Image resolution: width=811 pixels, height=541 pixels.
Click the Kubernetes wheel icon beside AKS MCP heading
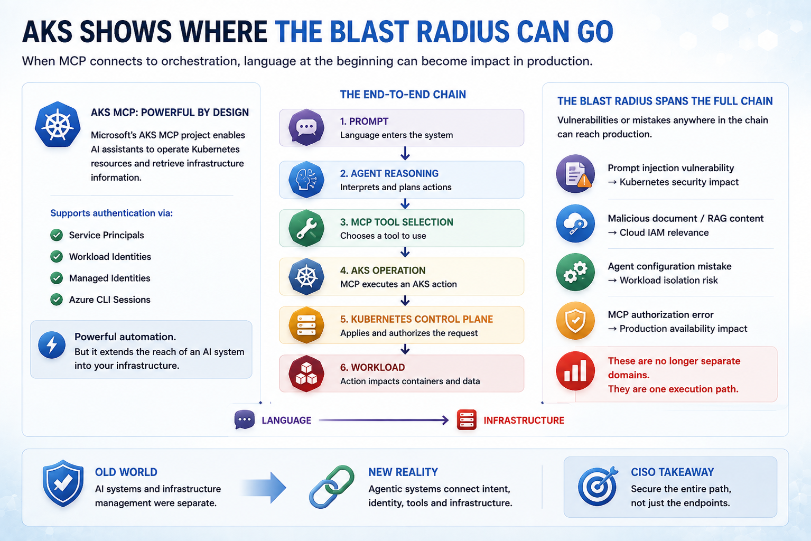point(58,125)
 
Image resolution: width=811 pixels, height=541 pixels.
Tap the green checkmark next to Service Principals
point(57,235)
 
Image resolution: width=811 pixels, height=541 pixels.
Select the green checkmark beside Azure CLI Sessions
point(57,300)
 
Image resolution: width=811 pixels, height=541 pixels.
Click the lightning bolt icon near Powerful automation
point(52,345)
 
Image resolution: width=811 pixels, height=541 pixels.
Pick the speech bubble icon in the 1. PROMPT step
point(306,127)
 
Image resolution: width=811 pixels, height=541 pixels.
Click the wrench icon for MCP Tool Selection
point(306,228)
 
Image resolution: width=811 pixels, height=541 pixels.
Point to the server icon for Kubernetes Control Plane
point(306,325)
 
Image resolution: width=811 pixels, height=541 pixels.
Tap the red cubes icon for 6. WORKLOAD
point(306,374)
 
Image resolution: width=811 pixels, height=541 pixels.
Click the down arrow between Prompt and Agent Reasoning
point(405,154)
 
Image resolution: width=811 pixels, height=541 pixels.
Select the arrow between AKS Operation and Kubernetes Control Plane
point(405,301)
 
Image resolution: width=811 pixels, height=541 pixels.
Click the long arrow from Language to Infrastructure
point(384,420)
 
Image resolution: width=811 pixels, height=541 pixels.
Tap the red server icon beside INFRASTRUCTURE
point(467,419)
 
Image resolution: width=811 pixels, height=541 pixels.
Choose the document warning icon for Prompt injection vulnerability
point(575,174)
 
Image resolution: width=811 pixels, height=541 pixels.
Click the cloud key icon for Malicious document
point(575,223)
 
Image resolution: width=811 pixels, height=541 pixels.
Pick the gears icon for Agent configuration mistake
point(575,272)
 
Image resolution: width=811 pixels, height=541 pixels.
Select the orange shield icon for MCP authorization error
point(575,321)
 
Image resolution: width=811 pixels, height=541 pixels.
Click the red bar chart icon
point(575,371)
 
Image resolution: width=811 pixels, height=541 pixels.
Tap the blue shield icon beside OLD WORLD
point(63,483)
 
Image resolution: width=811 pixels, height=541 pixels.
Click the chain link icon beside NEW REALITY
point(332,487)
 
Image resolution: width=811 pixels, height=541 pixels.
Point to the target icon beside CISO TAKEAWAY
point(598,486)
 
